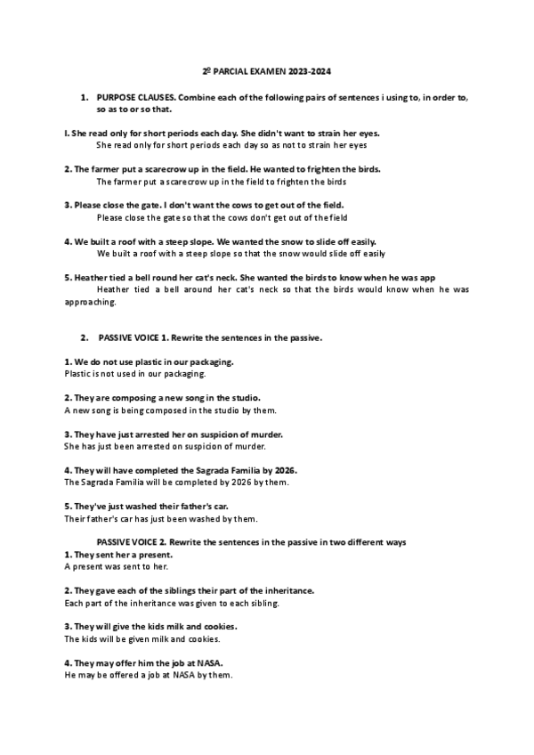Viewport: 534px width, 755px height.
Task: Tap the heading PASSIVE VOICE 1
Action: (x=132, y=339)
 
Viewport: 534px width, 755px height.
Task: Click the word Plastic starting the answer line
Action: (x=81, y=375)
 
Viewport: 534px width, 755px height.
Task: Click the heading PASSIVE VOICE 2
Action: (x=132, y=541)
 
